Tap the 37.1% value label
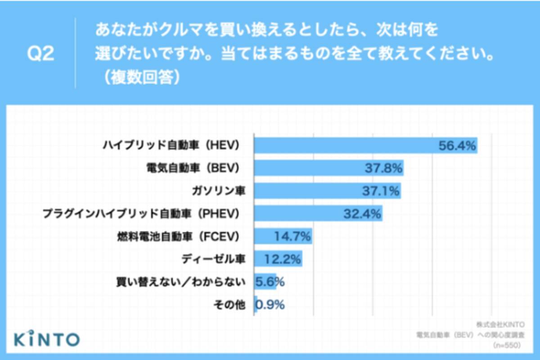coord(381,191)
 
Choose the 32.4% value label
coord(363,213)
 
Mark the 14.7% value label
coord(292,236)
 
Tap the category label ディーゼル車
coord(214,259)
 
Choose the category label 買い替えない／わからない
coord(181,282)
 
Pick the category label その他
coord(229,305)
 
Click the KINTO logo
coord(46,338)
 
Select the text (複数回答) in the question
coord(141,77)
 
